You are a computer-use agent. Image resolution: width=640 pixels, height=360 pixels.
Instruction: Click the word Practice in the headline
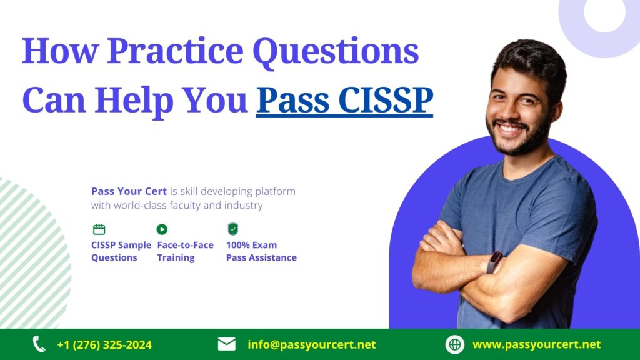coord(175,51)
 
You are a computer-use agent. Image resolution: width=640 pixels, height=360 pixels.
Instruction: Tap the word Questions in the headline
coord(336,52)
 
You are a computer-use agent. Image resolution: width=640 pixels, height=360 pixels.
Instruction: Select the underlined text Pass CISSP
coord(344,101)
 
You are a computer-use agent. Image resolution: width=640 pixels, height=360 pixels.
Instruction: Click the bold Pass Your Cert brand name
coord(129,191)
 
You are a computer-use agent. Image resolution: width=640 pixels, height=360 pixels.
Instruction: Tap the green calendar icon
coord(99,229)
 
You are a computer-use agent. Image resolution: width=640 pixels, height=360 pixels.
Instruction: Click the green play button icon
coord(162,229)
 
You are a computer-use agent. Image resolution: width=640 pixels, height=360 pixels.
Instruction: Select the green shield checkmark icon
coord(233,229)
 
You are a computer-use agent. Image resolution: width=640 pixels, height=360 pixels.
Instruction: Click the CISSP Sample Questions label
coord(121,251)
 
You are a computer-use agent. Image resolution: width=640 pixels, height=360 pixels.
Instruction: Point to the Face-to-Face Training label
coord(185,251)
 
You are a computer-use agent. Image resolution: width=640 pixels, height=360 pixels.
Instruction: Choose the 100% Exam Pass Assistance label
coord(261,251)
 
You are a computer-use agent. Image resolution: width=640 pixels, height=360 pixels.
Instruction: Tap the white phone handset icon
coord(39,344)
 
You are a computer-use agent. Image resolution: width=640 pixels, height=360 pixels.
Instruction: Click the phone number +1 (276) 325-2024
coord(104,345)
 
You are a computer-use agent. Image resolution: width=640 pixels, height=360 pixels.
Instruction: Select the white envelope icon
coord(226,344)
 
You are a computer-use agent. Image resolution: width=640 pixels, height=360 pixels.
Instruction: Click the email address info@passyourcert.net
coord(312,345)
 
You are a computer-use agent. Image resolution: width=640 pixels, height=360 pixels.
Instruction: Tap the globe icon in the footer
coord(455,344)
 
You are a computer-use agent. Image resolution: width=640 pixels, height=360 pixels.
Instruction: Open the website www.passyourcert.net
coord(537,345)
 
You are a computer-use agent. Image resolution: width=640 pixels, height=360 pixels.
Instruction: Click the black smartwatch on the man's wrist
coord(494,262)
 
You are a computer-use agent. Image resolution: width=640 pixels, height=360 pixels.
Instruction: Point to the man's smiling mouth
coord(511,129)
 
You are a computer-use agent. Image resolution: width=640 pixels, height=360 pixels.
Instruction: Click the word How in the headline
coord(61,51)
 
